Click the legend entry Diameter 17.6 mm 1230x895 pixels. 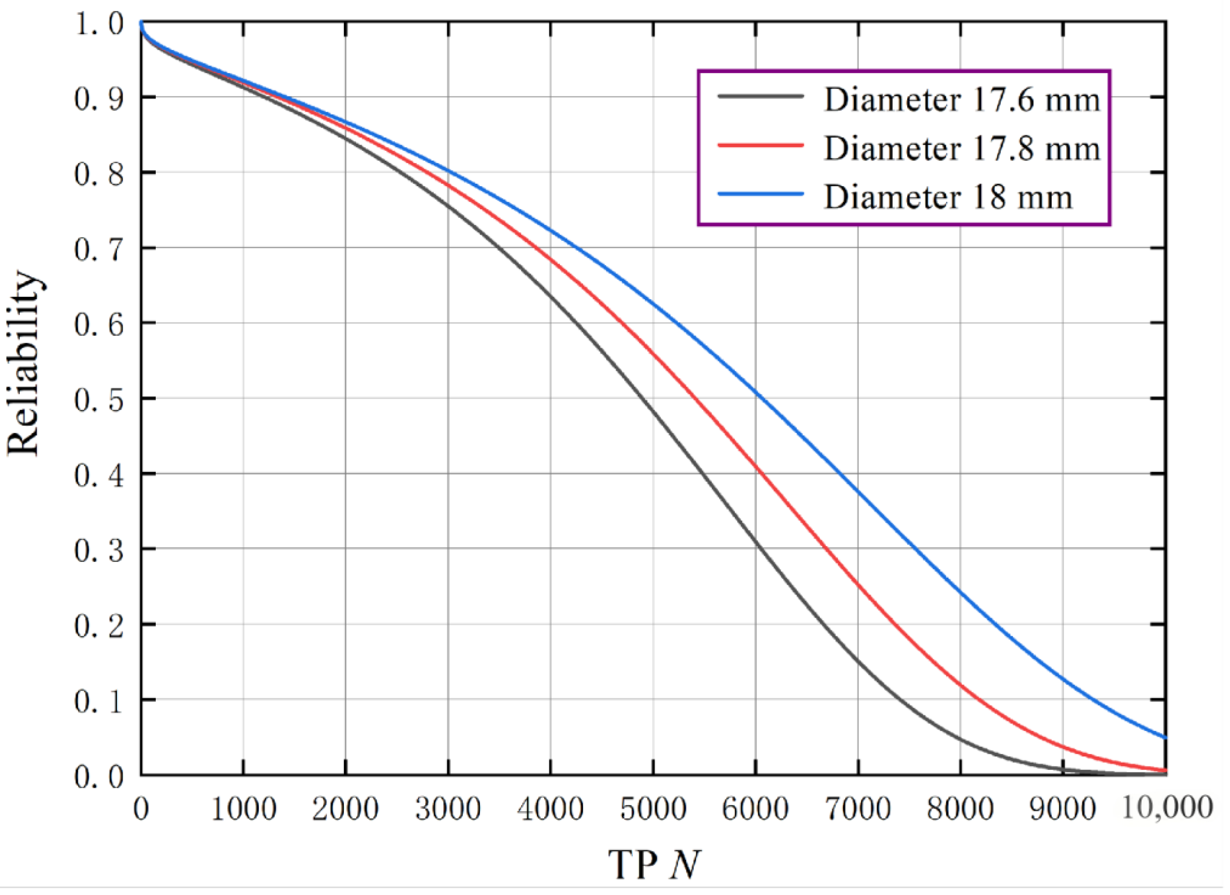point(962,100)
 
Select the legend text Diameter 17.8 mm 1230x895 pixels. point(962,149)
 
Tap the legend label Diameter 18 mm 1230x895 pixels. point(948,197)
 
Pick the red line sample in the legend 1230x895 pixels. point(760,145)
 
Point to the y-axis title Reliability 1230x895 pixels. point(24,364)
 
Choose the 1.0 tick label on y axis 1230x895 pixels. point(99,25)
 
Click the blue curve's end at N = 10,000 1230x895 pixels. point(1165,737)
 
